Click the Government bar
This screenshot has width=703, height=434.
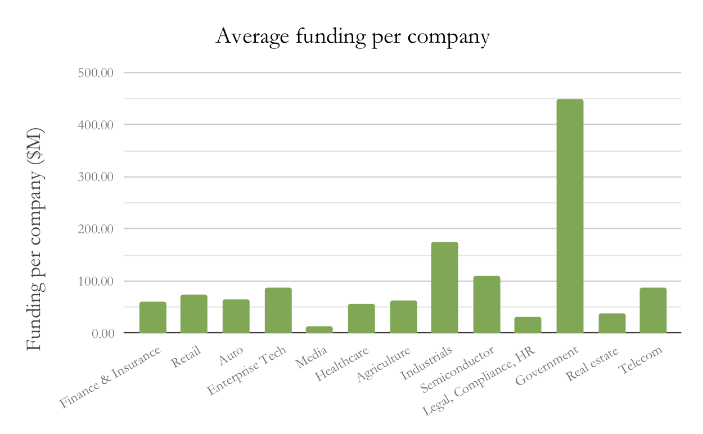click(570, 216)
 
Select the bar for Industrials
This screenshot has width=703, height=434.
click(444, 287)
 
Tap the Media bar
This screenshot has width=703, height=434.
click(319, 329)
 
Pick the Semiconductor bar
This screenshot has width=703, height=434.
click(486, 304)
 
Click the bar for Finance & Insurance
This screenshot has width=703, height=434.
click(153, 317)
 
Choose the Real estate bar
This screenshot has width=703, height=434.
click(612, 323)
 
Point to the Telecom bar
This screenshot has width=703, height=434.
click(653, 310)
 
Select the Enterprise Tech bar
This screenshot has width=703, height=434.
click(278, 310)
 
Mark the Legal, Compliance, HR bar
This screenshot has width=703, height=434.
click(528, 325)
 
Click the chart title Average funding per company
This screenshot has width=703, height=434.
click(353, 37)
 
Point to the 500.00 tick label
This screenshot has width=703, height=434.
click(96, 73)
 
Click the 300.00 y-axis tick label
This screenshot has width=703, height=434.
click(96, 177)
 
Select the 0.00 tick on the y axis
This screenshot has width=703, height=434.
click(103, 333)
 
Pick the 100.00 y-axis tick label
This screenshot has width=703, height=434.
click(96, 281)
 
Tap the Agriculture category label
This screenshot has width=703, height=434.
click(383, 365)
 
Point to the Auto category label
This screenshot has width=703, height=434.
click(231, 355)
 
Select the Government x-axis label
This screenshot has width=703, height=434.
click(547, 366)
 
